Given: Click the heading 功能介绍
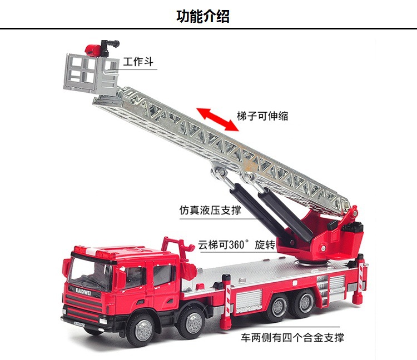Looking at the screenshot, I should (203, 16).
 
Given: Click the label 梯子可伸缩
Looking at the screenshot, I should (262, 116).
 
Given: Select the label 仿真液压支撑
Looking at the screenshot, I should (211, 211).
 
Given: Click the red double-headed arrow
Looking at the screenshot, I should (220, 118).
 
